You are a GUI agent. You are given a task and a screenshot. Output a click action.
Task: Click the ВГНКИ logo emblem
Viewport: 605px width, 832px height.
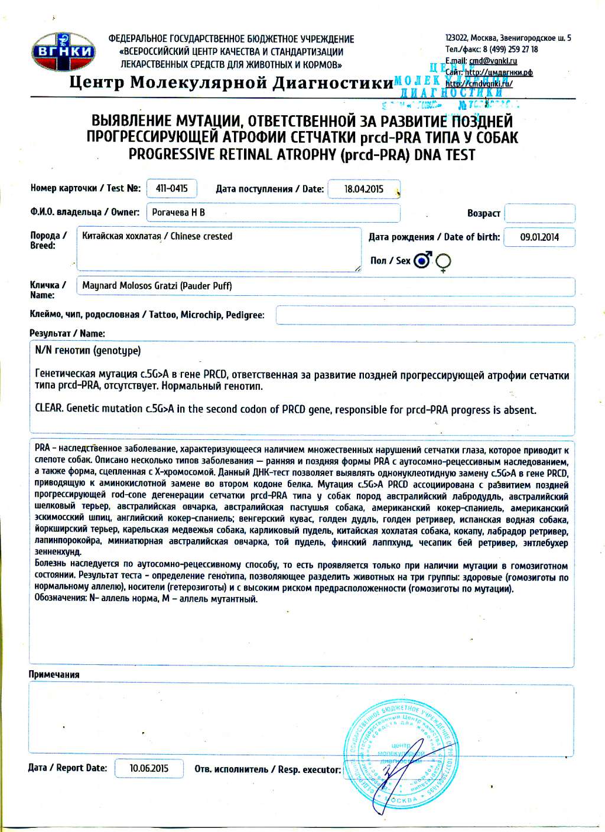(63, 51)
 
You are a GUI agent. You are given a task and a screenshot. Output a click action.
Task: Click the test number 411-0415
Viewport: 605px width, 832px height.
(171, 188)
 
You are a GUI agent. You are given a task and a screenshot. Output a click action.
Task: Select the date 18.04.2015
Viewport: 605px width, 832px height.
(364, 189)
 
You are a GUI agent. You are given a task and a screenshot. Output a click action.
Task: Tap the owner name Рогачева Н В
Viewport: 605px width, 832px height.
(178, 212)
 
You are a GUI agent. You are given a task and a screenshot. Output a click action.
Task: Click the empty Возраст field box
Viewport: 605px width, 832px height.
(539, 213)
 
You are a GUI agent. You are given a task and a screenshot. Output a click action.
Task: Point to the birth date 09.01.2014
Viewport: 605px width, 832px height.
(539, 237)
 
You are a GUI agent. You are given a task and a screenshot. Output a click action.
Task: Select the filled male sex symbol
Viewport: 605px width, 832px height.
(422, 260)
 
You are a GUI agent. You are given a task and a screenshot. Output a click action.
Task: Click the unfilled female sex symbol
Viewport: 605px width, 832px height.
(443, 262)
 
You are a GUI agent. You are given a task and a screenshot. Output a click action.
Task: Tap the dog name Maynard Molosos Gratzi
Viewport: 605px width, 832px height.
(157, 286)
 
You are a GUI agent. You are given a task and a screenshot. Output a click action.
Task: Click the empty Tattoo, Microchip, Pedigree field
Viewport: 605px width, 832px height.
(425, 315)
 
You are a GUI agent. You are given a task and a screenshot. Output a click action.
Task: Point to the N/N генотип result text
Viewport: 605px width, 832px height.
(88, 351)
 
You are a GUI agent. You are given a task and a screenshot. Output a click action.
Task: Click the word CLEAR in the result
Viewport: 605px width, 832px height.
(48, 409)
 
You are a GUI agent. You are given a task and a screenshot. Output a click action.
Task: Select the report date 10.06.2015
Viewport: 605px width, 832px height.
(149, 768)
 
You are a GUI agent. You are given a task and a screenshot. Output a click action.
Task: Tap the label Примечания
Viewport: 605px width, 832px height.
(54, 674)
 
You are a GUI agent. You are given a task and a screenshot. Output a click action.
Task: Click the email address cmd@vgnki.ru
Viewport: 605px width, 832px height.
(493, 61)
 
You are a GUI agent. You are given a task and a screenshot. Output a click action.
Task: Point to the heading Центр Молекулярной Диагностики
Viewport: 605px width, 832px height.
(231, 82)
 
